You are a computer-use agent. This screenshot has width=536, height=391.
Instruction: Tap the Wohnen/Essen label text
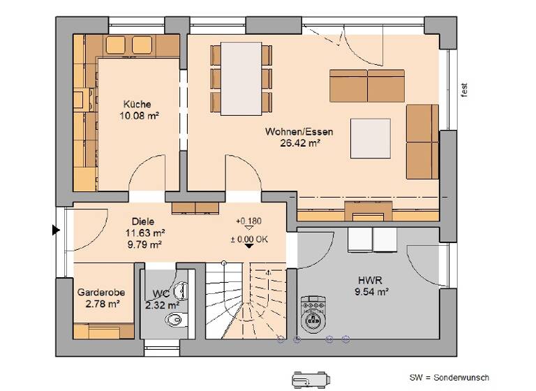pyautogui.click(x=299, y=131)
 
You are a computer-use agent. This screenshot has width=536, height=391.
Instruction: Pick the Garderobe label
pyautogui.click(x=98, y=293)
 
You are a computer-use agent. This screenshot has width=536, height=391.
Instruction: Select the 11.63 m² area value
pyautogui.click(x=144, y=233)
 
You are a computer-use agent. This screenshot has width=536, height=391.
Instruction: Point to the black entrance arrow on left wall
pyautogui.click(x=55, y=230)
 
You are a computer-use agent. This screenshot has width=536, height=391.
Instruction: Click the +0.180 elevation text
pyautogui.click(x=248, y=221)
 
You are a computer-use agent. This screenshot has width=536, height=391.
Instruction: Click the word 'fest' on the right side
pyautogui.click(x=463, y=89)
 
